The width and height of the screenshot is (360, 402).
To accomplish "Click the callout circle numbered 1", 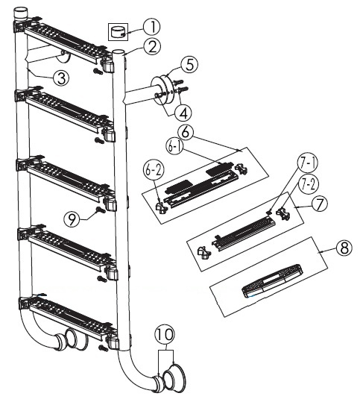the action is tap(152, 27).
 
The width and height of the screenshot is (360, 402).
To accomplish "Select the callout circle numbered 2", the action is tap(152, 47).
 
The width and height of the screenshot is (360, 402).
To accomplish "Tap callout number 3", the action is tap(61, 78).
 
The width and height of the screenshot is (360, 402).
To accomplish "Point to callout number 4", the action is tap(184, 113).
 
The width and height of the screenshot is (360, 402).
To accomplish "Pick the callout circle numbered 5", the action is tap(189, 65).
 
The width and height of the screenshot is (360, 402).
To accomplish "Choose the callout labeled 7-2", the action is tap(309, 185).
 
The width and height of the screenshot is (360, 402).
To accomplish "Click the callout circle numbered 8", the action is tap(344, 248).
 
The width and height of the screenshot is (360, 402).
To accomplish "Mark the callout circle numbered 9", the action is tap(72, 219).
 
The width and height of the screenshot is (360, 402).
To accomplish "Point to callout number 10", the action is tap(165, 334).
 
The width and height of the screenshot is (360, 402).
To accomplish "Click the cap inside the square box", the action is tap(118, 32).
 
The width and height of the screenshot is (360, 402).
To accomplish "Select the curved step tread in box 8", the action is tap(272, 280).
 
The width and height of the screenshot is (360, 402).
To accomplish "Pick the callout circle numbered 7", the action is tap(319, 204).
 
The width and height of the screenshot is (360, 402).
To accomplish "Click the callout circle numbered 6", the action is tap(186, 132).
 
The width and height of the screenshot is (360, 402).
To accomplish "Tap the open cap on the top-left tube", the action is tap(20, 12).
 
